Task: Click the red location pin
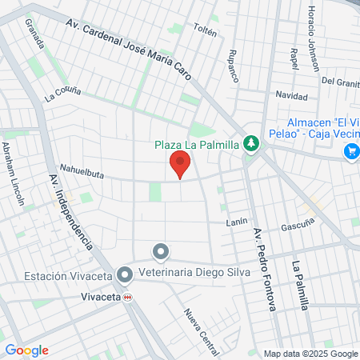tap(180, 166)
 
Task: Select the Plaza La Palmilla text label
tap(198, 145)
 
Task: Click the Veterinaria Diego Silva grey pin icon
tap(161, 253)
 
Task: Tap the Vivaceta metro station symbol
tap(127, 297)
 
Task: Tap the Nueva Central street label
tap(201, 330)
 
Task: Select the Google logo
tap(26, 350)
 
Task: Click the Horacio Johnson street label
tap(312, 32)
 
